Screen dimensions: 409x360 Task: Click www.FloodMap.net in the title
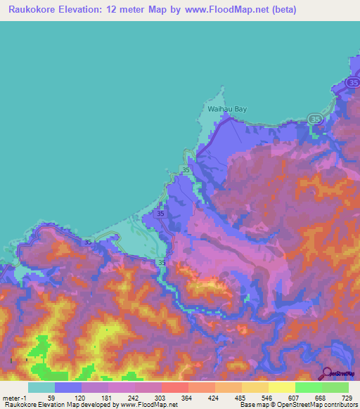[x=218, y=10]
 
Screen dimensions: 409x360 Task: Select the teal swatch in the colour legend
[x=41, y=387]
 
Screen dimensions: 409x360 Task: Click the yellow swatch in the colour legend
[x=281, y=387]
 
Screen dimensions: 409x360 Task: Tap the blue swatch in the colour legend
[x=68, y=387]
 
